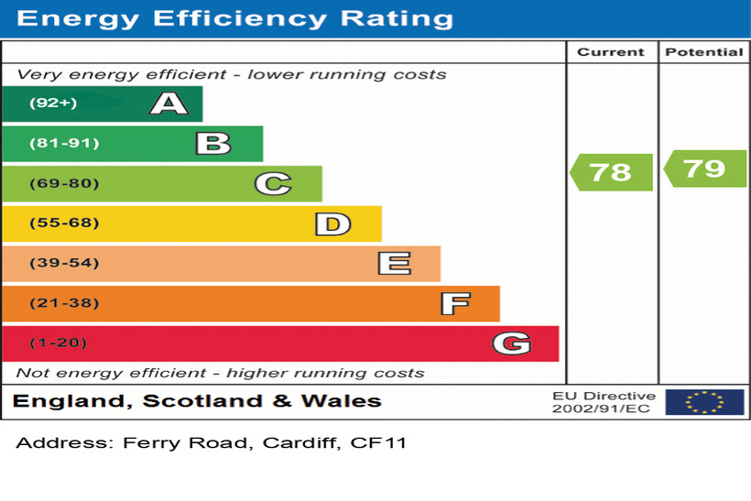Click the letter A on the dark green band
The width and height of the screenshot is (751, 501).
(169, 103)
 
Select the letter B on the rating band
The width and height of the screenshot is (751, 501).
(213, 143)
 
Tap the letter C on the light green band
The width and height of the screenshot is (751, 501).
(273, 184)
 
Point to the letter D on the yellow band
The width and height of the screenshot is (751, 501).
(332, 223)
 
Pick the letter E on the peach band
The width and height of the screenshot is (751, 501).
(394, 264)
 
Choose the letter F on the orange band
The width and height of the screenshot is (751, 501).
(455, 303)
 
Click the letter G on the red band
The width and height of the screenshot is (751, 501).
(511, 343)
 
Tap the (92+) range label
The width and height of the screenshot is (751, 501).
(53, 103)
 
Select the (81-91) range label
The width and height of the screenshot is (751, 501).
(64, 143)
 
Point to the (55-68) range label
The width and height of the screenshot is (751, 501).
(64, 223)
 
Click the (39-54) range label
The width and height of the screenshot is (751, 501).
(64, 264)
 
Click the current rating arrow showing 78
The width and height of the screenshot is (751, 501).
(611, 172)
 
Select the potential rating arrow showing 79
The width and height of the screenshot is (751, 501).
(704, 169)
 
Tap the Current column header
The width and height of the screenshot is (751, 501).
(611, 52)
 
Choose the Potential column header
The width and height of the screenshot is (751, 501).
(704, 52)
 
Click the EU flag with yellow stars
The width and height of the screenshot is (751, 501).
(704, 402)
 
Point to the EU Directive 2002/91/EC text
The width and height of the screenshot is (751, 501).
(603, 402)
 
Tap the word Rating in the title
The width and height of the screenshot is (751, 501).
(397, 18)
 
